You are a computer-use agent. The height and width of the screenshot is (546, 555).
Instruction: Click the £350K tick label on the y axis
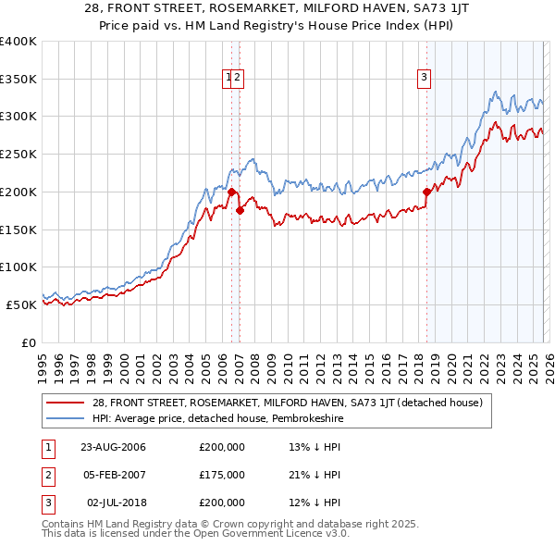click(x=18, y=79)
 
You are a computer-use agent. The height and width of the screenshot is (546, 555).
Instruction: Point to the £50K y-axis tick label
click(x=21, y=304)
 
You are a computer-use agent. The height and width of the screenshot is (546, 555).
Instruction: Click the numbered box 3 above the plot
click(x=425, y=79)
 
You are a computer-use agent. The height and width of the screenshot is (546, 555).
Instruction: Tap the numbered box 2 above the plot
click(x=236, y=79)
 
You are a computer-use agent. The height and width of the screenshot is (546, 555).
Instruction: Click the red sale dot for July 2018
click(x=426, y=192)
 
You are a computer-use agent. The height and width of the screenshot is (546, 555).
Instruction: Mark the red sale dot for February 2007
click(x=240, y=210)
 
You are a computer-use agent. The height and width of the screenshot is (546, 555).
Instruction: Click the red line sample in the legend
click(x=64, y=403)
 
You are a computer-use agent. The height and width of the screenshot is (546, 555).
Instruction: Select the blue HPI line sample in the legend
click(x=64, y=418)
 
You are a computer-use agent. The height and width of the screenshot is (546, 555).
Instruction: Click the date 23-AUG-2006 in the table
click(x=113, y=448)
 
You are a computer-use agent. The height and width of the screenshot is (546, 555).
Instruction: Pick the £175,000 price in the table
click(x=222, y=475)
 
